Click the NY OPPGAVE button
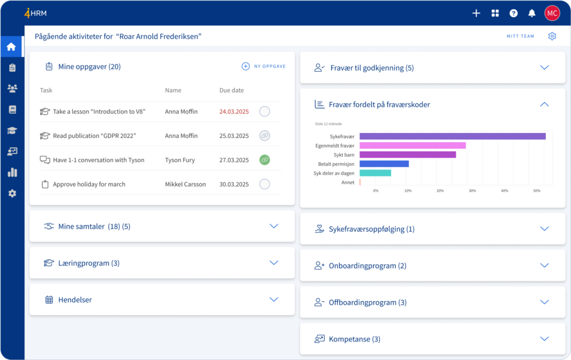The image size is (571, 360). pyautogui.click(x=263, y=66)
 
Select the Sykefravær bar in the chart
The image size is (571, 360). pyautogui.click(x=452, y=136)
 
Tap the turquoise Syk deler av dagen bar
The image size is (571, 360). pyautogui.click(x=375, y=173)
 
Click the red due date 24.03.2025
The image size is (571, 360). pyautogui.click(x=234, y=112)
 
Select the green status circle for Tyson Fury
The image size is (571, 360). pyautogui.click(x=265, y=160)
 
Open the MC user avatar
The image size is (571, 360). pyautogui.click(x=552, y=13)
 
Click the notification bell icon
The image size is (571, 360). pyautogui.click(x=531, y=13)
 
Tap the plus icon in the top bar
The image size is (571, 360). pyautogui.click(x=476, y=13)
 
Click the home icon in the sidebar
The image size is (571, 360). pyautogui.click(x=12, y=47)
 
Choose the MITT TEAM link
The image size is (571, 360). pyautogui.click(x=520, y=37)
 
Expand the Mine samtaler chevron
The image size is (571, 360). pyautogui.click(x=274, y=226)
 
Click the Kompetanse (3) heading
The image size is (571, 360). pyautogui.click(x=354, y=339)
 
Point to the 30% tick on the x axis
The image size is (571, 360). pyautogui.click(x=472, y=191)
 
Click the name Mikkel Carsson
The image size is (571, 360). pyautogui.click(x=185, y=184)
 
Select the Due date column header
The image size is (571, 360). pyautogui.click(x=231, y=90)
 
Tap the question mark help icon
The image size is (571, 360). pyautogui.click(x=513, y=13)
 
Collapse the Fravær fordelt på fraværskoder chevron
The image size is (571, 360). pyautogui.click(x=544, y=104)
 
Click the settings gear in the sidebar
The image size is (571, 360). pyautogui.click(x=12, y=193)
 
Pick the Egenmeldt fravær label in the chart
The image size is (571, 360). pyautogui.click(x=336, y=145)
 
